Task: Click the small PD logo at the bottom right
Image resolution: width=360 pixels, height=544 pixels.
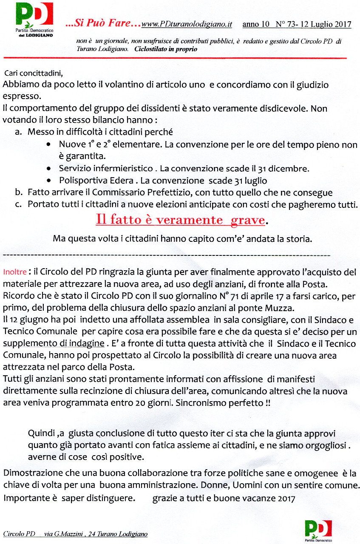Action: pyautogui.click(x=318, y=528)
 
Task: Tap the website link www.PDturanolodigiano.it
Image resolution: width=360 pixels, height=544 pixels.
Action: pyautogui.click(x=187, y=25)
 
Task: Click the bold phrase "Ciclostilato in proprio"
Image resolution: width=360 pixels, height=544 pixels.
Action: pyautogui.click(x=165, y=49)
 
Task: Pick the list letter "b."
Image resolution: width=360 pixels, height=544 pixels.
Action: pyautogui.click(x=18, y=192)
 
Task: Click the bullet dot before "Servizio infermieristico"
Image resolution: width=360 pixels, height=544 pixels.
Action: pyautogui.click(x=50, y=168)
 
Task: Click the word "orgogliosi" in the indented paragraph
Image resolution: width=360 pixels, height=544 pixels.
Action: pyautogui.click(x=323, y=445)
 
